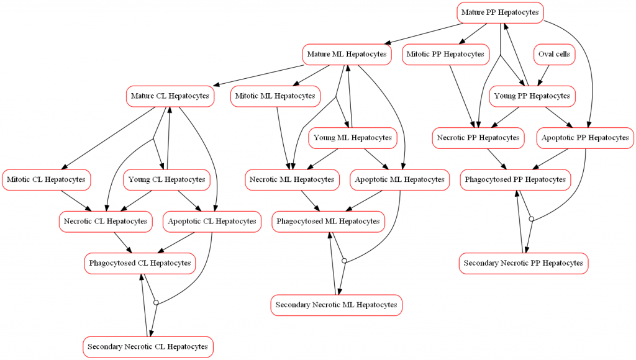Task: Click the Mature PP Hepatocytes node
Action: pyautogui.click(x=500, y=12)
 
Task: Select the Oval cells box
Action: pyautogui.click(x=553, y=55)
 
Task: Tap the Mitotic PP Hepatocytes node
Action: pyautogui.click(x=445, y=55)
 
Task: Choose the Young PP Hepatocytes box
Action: pyautogui.click(x=531, y=96)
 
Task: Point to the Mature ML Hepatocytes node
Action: pyautogui.click(x=347, y=55)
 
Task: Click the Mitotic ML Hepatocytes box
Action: pyautogui.click(x=276, y=96)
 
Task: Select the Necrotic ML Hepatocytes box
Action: pyautogui.click(x=293, y=180)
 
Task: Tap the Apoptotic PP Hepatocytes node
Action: pyautogui.click(x=585, y=138)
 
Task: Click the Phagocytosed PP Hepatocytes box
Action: pyautogui.click(x=516, y=180)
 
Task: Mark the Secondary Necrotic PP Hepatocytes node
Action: pyautogui.click(x=524, y=263)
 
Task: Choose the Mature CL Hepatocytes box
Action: pyautogui.click(x=170, y=96)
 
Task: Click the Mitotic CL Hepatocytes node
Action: pyautogui.click(x=46, y=180)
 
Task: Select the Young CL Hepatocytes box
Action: pyautogui.click(x=167, y=180)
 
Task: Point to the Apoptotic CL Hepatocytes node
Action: pyautogui.click(x=212, y=222)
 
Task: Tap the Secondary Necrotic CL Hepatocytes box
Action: pyautogui.click(x=148, y=346)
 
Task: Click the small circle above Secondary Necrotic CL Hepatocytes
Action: pyautogui.click(x=156, y=302)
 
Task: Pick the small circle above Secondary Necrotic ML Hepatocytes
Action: pyautogui.click(x=344, y=261)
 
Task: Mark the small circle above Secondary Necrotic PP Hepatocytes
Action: pyautogui.click(x=531, y=218)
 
